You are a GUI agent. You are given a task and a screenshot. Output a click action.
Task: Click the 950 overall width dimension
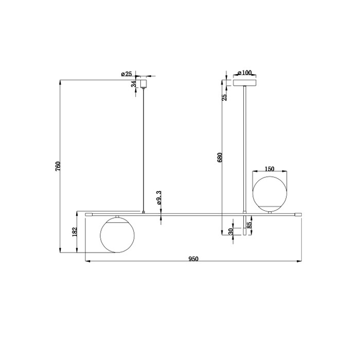pyautogui.click(x=193, y=259)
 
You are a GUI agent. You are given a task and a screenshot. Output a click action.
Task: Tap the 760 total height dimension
pyautogui.click(x=58, y=166)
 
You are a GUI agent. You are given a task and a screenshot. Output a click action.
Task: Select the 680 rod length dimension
pyautogui.click(x=220, y=157)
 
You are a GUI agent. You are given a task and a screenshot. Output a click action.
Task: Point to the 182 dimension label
pyautogui.click(x=75, y=232)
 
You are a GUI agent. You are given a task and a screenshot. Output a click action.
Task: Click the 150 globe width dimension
pyautogui.click(x=269, y=169)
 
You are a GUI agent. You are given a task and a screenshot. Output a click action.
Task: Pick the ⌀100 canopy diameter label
pyautogui.click(x=244, y=73)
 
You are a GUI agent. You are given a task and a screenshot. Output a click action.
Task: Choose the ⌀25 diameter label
pyautogui.click(x=127, y=74)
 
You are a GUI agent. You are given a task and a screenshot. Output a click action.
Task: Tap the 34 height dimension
pyautogui.click(x=134, y=84)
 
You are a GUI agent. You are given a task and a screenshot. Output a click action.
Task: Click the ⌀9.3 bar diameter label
pyautogui.click(x=159, y=197)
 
